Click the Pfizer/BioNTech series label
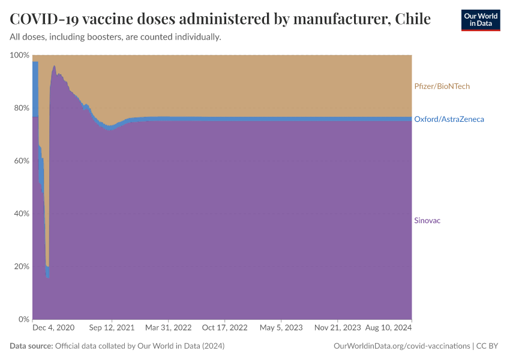pos(442,86)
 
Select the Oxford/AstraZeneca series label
pos(449,119)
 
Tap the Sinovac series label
pos(427,221)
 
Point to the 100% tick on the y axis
pos(19,55)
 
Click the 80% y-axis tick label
pos(20,108)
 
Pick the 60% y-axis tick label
pos(20,161)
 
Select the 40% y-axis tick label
pos(20,214)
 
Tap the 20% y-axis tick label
pos(20,266)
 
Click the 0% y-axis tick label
pos(23,319)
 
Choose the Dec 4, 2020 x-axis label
pos(53,329)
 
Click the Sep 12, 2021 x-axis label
pos(112,329)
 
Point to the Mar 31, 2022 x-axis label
pos(169,329)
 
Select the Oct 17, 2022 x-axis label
pos(224,329)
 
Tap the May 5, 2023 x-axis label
pos(281,329)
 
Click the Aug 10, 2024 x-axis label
pos(388,329)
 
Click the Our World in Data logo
pos(480,20)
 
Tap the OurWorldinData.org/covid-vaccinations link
pos(401,346)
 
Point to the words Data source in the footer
pos(31,346)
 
